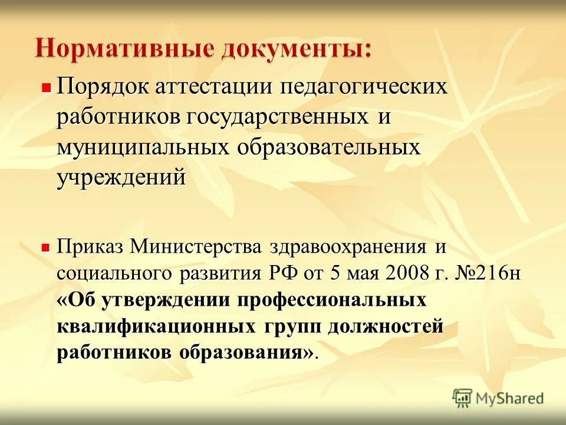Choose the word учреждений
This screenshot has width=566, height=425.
121,177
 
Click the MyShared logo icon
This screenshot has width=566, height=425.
463,398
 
